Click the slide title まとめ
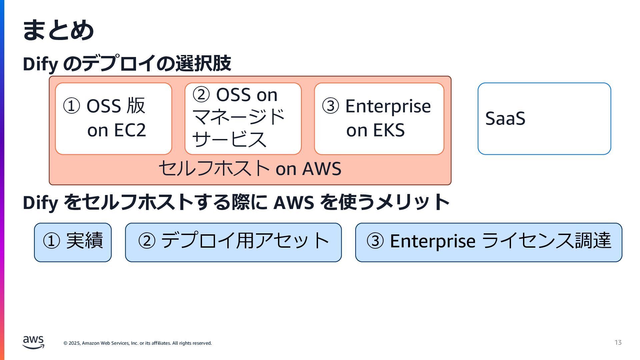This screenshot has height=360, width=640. click(x=58, y=30)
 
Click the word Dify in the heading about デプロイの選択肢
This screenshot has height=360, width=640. click(x=40, y=64)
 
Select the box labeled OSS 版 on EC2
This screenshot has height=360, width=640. click(x=113, y=119)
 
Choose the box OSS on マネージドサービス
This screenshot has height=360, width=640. click(x=243, y=119)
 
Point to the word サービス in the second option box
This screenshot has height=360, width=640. click(x=229, y=139)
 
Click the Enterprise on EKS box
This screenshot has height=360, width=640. click(x=379, y=119)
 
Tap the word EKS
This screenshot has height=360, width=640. click(x=389, y=130)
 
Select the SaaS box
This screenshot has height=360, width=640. click(x=544, y=119)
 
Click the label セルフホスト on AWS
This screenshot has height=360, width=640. click(x=250, y=169)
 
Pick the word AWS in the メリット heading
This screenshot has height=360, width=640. click(x=293, y=203)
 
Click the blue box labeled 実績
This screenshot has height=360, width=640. click(x=73, y=242)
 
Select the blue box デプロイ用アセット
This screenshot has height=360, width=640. click(x=233, y=242)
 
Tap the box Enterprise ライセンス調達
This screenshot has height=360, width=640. click(x=489, y=242)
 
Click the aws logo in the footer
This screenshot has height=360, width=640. click(x=33, y=342)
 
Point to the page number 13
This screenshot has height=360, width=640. click(x=618, y=343)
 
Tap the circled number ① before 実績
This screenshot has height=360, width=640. click(x=51, y=241)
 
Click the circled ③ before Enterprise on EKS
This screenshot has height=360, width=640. click(x=330, y=106)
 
